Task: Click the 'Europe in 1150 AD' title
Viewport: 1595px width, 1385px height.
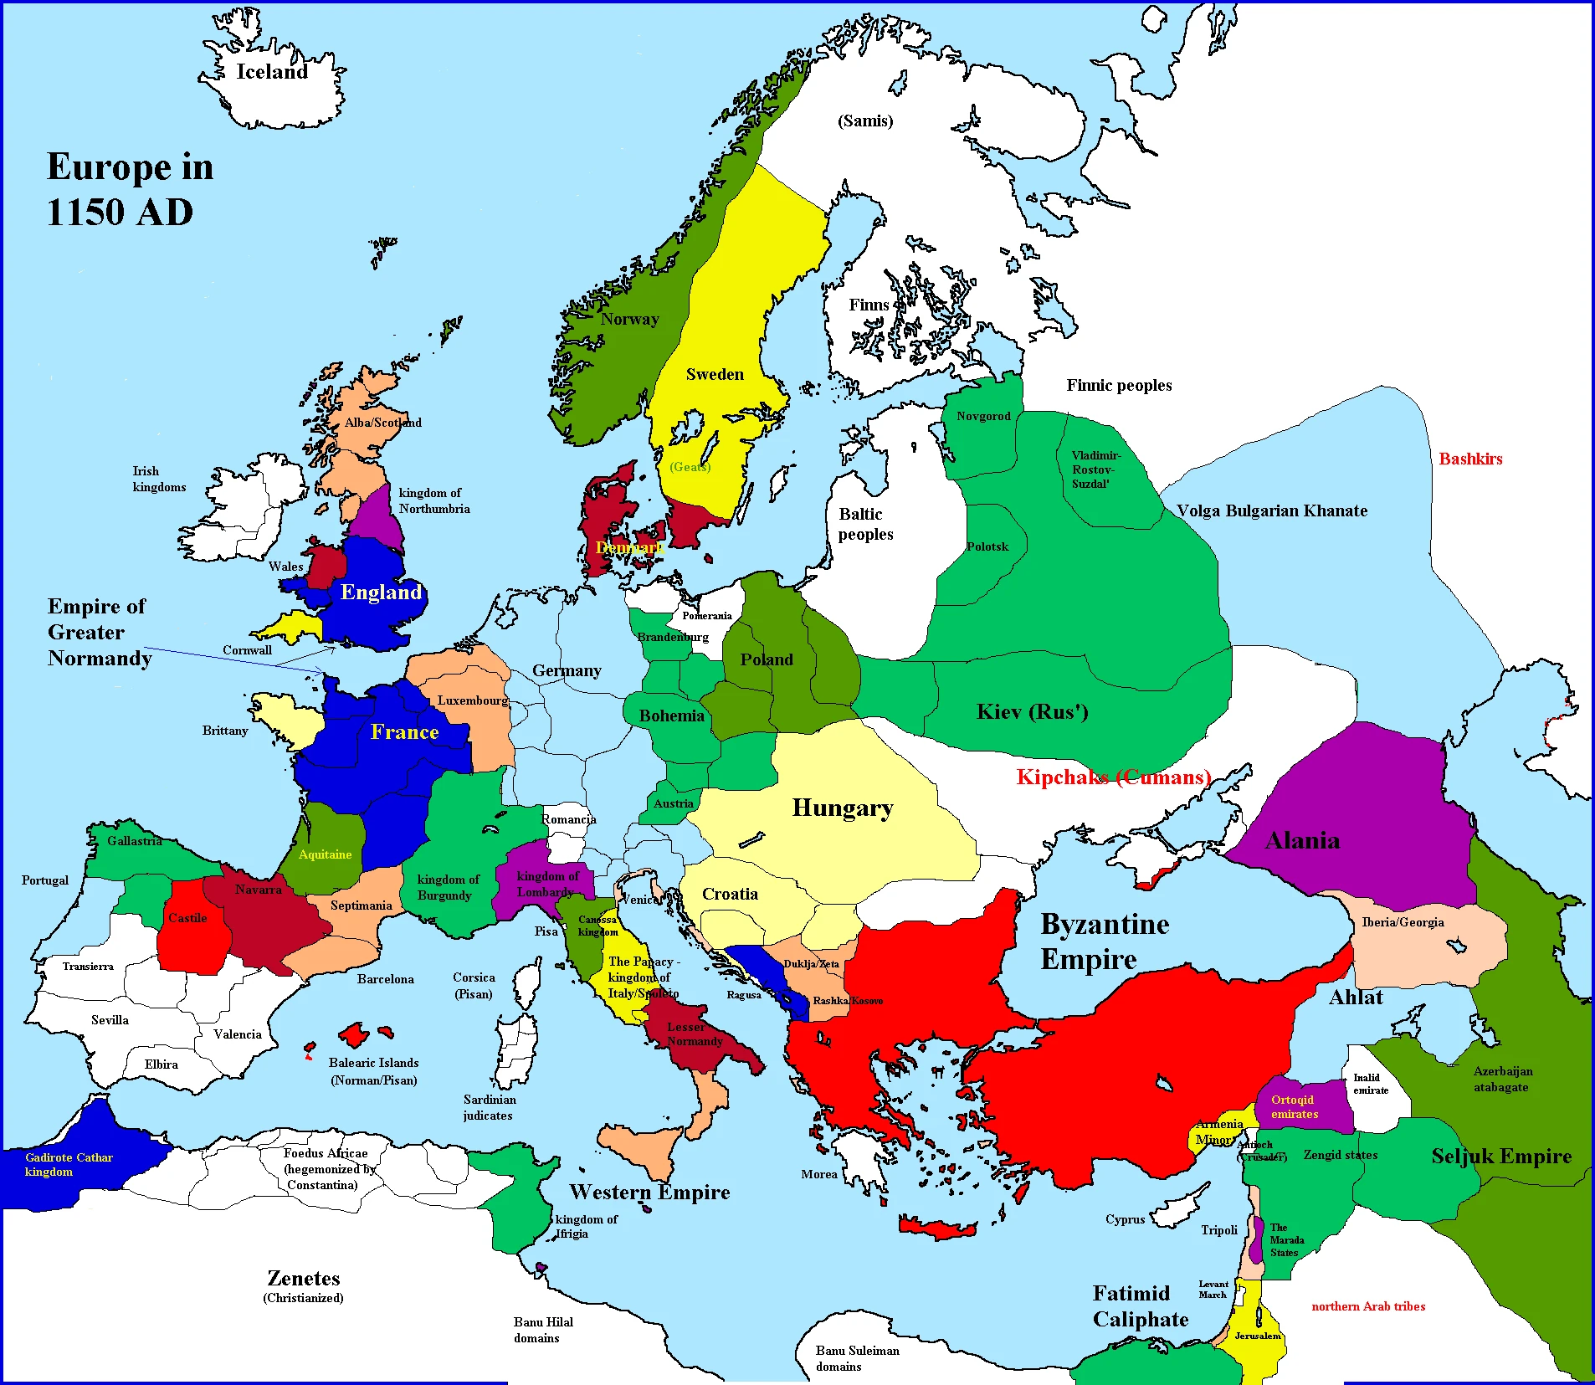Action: (x=130, y=189)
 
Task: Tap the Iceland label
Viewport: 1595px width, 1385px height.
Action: (x=272, y=72)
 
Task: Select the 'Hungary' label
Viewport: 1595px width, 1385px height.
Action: (x=842, y=808)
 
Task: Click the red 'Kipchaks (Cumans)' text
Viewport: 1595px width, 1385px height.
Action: (x=1113, y=777)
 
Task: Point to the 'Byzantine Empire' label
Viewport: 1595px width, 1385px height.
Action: (x=1104, y=941)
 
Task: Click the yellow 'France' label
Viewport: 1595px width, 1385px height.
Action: (x=404, y=732)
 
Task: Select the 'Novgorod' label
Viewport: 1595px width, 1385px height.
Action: (x=983, y=416)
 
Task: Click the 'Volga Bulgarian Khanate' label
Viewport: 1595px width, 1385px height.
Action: (x=1271, y=510)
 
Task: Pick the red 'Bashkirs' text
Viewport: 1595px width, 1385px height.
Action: (x=1470, y=459)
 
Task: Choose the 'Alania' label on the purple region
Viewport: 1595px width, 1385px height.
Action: (x=1302, y=840)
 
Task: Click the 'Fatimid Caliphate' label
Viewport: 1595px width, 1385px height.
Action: (x=1139, y=1305)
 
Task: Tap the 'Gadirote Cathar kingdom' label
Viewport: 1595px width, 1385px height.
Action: (x=69, y=1164)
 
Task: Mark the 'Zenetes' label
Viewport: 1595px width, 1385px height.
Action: (x=303, y=1279)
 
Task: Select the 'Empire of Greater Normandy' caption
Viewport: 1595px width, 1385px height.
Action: (x=99, y=632)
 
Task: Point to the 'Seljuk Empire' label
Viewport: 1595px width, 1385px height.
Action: (x=1500, y=1156)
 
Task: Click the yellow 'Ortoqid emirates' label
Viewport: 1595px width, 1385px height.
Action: (x=1294, y=1106)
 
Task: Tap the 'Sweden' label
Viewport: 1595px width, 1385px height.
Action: (x=715, y=374)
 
